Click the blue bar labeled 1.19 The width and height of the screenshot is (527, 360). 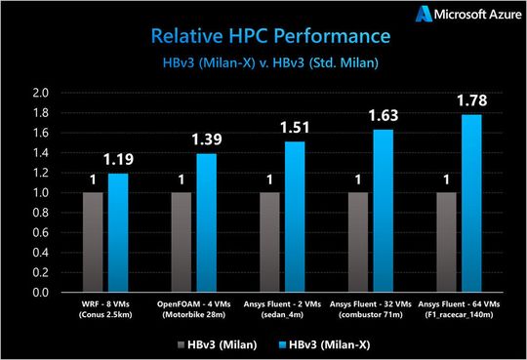point(118,232)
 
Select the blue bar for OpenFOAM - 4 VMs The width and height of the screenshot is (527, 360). point(207,222)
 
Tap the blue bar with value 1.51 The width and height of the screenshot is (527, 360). point(296,217)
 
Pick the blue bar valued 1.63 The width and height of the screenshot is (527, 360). point(385,211)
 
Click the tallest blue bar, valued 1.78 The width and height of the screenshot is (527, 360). point(472,203)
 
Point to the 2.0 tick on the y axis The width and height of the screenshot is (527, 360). point(40,94)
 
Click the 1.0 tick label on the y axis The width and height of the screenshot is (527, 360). point(40,193)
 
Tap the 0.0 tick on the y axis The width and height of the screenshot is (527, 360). point(40,292)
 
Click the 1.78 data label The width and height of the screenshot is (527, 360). point(472,100)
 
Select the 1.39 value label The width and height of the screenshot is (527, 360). point(207,140)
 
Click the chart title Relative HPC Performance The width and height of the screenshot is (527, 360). point(263,37)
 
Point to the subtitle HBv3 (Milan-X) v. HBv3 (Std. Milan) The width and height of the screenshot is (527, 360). point(263,64)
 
